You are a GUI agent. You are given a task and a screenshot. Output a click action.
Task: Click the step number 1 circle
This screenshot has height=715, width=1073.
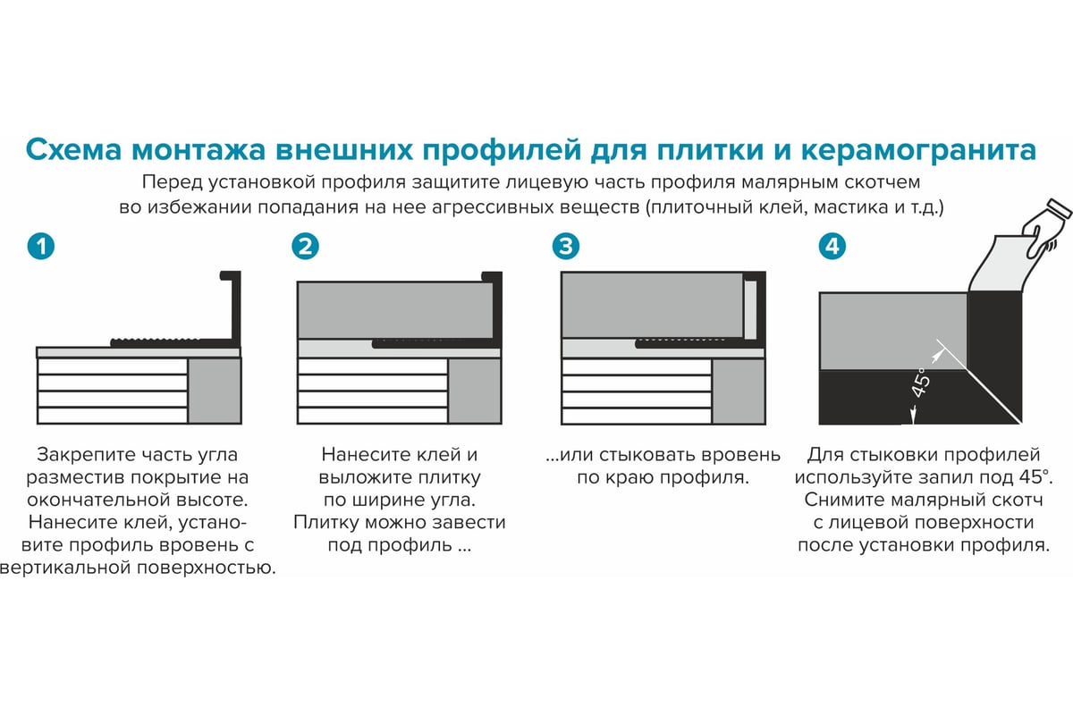click(41, 247)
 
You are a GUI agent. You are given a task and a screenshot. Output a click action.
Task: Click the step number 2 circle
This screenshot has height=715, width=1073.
click(305, 247)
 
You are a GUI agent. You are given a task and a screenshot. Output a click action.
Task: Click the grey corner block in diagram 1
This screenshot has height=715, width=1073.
click(215, 391)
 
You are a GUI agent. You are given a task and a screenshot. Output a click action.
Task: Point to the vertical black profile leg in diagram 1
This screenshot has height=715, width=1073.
click(237, 308)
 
